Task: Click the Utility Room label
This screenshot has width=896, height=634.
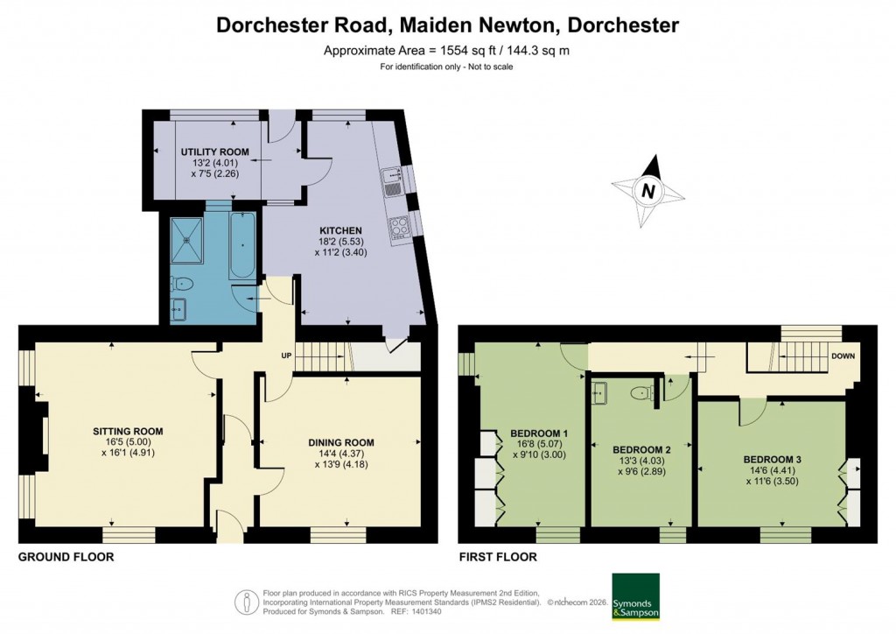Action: click(x=214, y=152)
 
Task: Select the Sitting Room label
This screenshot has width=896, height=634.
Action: click(x=129, y=431)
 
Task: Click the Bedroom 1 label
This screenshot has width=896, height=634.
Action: click(x=539, y=433)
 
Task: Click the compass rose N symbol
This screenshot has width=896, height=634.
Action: click(x=647, y=190)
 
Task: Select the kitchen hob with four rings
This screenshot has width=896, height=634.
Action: click(x=400, y=227)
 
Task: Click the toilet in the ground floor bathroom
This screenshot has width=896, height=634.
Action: click(x=183, y=284)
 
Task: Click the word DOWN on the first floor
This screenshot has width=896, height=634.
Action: click(x=843, y=356)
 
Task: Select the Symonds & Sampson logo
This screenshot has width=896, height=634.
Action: click(x=634, y=596)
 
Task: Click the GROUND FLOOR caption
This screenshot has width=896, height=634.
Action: click(x=66, y=557)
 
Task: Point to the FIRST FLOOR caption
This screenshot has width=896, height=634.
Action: click(x=497, y=557)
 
